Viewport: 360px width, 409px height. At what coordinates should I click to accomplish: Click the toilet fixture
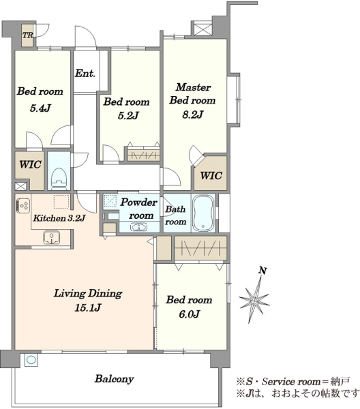[x=59, y=178]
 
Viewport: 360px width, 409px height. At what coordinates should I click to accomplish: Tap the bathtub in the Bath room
[x=203, y=213]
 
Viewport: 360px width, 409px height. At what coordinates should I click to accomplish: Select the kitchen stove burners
[x=23, y=206]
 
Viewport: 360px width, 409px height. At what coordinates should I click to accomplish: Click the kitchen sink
[x=52, y=237]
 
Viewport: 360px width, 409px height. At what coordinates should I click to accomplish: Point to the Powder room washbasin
[x=138, y=227]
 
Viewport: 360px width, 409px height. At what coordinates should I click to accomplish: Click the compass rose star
[x=254, y=301]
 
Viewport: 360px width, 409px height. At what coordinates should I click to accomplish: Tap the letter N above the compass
[x=262, y=271]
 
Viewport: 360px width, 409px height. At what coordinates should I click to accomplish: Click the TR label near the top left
[x=27, y=35]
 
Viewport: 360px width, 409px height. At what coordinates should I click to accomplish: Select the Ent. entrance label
[x=85, y=74]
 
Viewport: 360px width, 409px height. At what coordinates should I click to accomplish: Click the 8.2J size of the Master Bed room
[x=192, y=115]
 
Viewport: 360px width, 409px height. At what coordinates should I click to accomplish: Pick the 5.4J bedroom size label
[x=40, y=108]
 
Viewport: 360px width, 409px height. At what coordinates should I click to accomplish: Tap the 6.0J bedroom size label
[x=190, y=314]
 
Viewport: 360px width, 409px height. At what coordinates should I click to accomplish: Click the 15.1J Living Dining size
[x=88, y=308]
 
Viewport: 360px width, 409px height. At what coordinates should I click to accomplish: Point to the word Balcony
[x=115, y=379]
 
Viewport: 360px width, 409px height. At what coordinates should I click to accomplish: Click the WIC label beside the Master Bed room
[x=211, y=176]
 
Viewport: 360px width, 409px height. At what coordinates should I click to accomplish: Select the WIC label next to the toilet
[x=30, y=164]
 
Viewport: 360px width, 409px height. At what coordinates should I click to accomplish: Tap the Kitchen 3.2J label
[x=59, y=218]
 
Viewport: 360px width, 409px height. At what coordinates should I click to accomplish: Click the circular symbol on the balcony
[x=31, y=360]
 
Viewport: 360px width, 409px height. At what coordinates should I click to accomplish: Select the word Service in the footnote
[x=278, y=382]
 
